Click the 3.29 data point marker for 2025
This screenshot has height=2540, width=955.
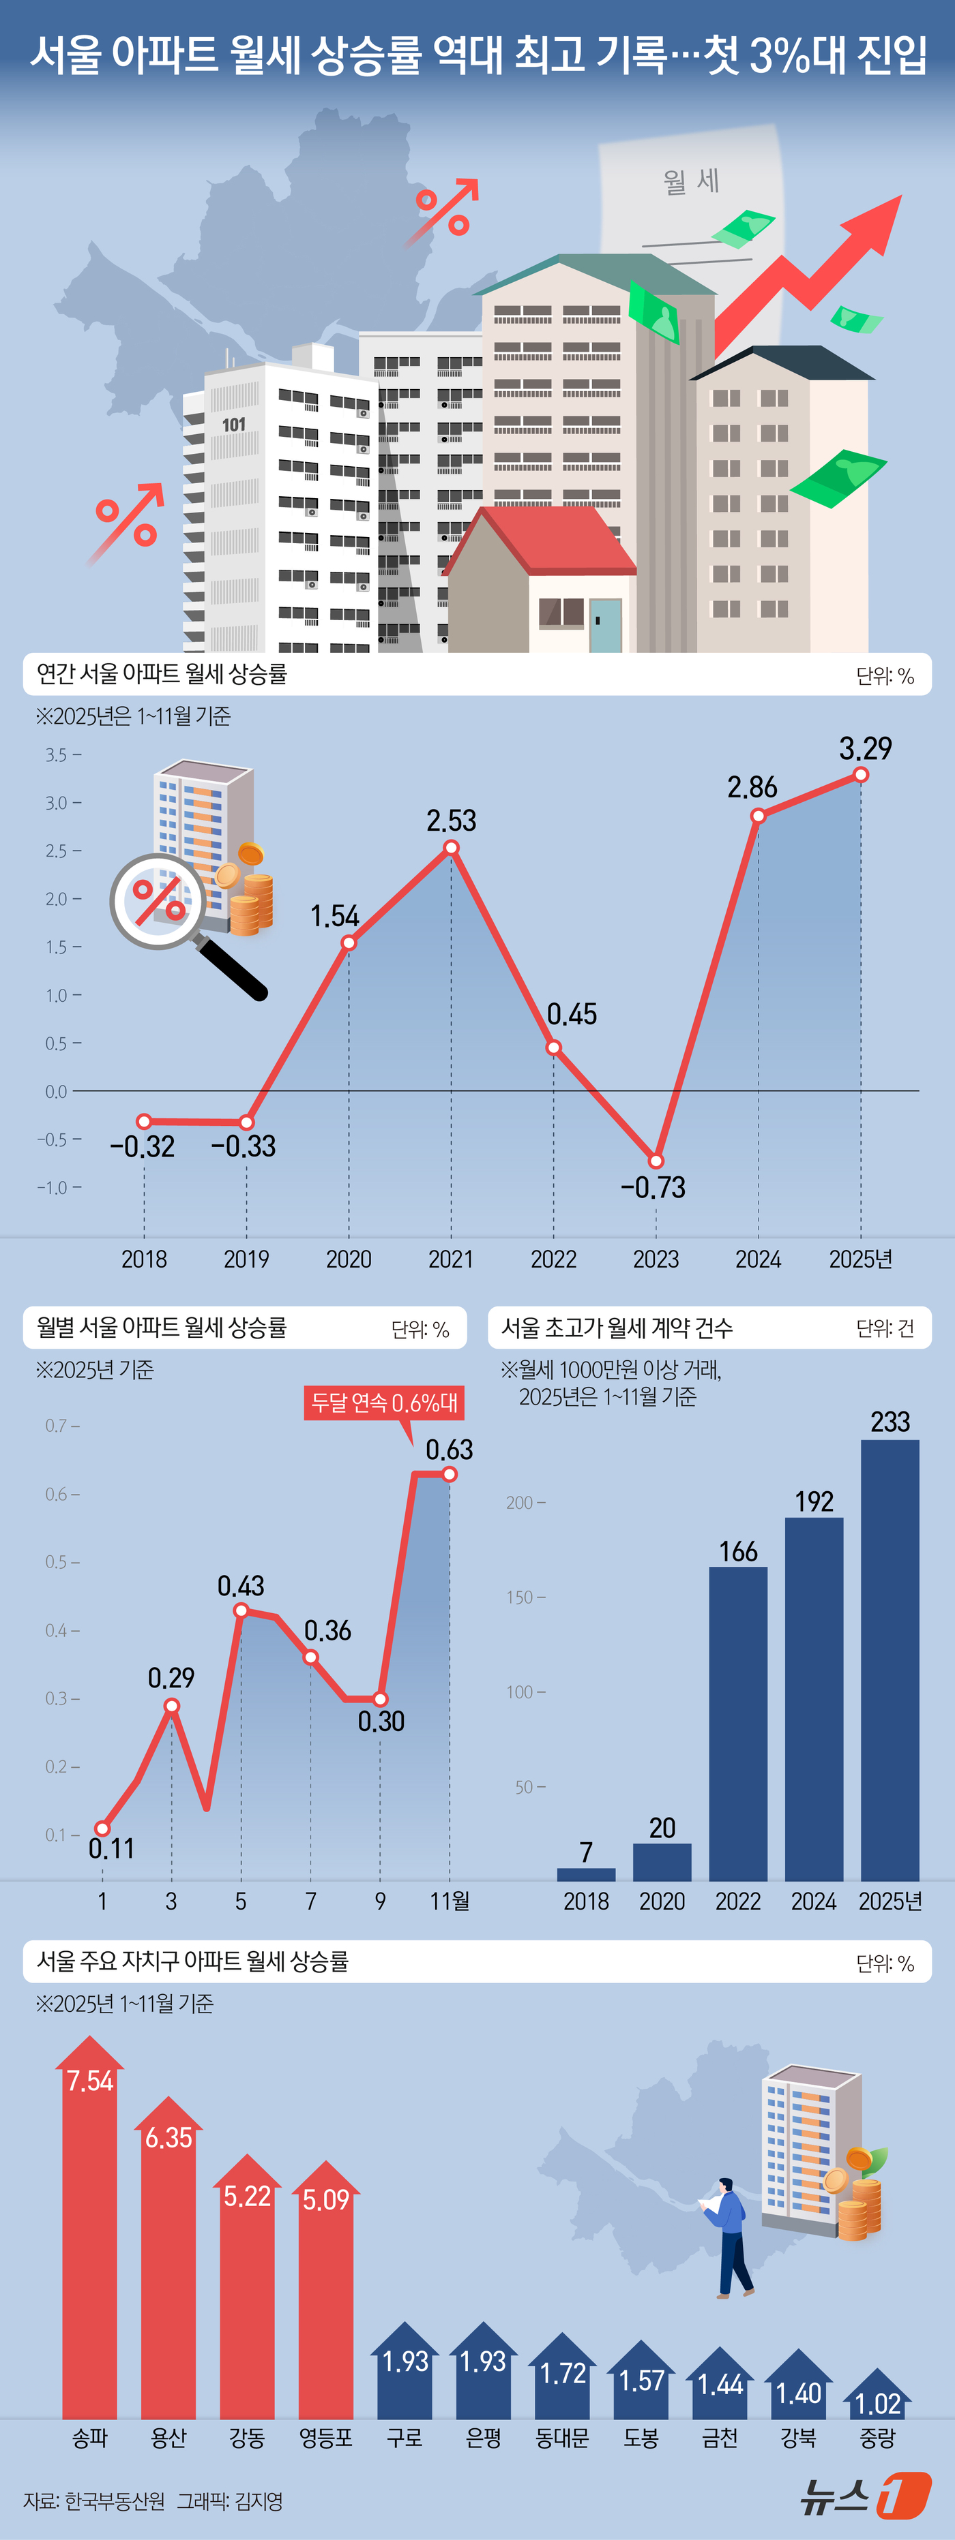pyautogui.click(x=860, y=775)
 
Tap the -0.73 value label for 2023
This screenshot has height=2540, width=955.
pyautogui.click(x=652, y=1187)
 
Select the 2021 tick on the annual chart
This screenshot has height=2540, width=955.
pyautogui.click(x=451, y=1259)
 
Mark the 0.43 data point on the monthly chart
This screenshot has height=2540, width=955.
pyautogui.click(x=241, y=1610)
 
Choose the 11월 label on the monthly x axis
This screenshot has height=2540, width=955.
pyautogui.click(x=450, y=1901)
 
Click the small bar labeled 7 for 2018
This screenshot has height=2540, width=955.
pyautogui.click(x=586, y=1874)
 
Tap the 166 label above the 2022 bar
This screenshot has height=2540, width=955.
pyautogui.click(x=738, y=1551)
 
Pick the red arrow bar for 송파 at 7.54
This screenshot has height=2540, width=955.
pyautogui.click(x=90, y=2238)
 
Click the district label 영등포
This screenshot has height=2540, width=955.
pyautogui.click(x=325, y=2438)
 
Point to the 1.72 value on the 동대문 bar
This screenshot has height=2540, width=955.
pyautogui.click(x=562, y=2373)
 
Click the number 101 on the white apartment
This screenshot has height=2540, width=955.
pyautogui.click(x=234, y=425)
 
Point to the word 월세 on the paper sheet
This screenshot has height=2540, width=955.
pyautogui.click(x=690, y=181)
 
